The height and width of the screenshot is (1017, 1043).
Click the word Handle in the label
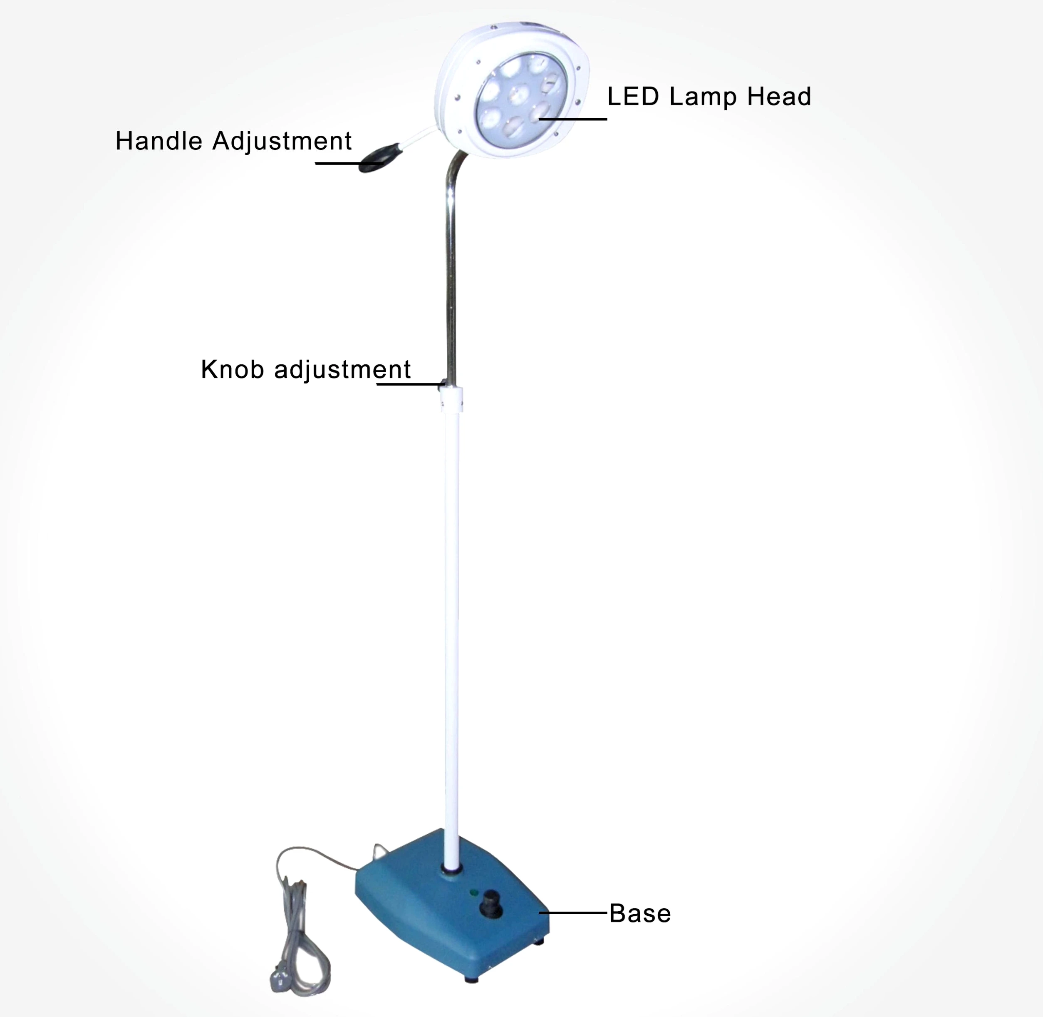pos(159,142)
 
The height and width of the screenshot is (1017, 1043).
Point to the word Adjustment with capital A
pos(282,142)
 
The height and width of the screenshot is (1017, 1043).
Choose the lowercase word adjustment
pos(342,370)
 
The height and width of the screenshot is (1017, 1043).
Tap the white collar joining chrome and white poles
pos(451,400)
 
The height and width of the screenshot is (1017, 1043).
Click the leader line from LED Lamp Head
pos(573,119)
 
